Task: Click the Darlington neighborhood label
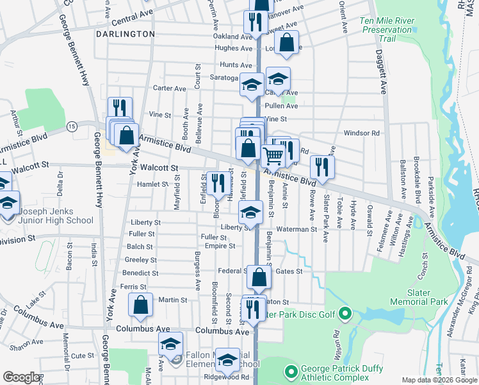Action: (x=126, y=33)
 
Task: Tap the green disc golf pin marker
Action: (x=345, y=314)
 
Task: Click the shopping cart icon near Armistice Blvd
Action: (x=273, y=155)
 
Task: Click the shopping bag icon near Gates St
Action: (x=259, y=277)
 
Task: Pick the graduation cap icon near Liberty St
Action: (x=251, y=212)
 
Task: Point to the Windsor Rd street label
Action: (x=362, y=133)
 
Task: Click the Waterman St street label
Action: (x=296, y=229)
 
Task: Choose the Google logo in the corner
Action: (x=21, y=377)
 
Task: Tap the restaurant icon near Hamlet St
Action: (x=215, y=182)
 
